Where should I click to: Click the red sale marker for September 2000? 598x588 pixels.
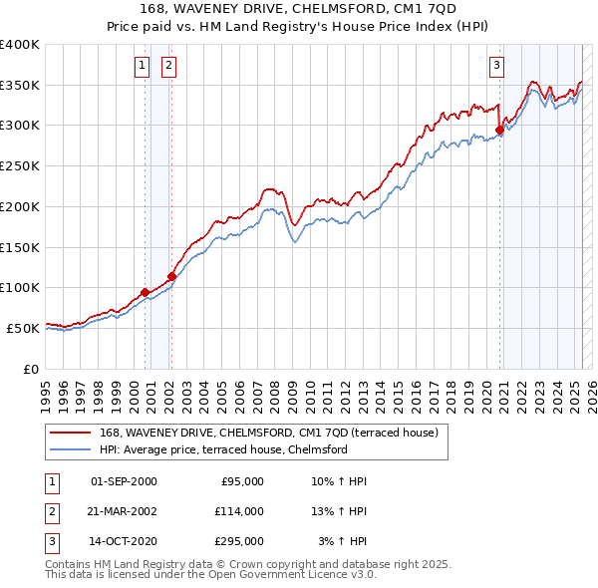pyautogui.click(x=146, y=291)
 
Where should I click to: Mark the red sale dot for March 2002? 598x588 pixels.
pyautogui.click(x=171, y=276)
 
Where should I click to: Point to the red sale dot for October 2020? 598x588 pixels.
pyautogui.click(x=499, y=129)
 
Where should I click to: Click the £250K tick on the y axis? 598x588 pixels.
pyautogui.click(x=20, y=166)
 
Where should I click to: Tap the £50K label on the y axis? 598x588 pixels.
pyautogui.click(x=24, y=328)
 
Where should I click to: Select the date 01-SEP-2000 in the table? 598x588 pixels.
pyautogui.click(x=124, y=481)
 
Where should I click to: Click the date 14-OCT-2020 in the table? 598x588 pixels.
pyautogui.click(x=124, y=541)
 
